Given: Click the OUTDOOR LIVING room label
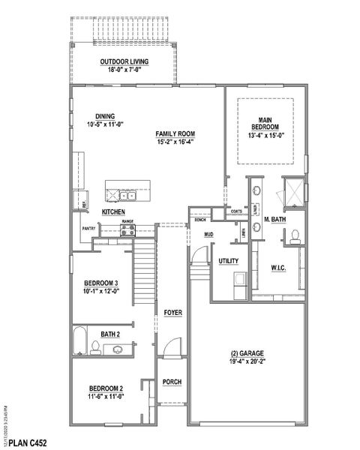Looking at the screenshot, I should click(126, 61).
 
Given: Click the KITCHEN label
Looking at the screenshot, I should click(113, 212).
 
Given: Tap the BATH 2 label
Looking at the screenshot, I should click(109, 334).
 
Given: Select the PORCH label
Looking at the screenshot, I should click(172, 382).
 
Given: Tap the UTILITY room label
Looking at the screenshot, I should click(228, 260).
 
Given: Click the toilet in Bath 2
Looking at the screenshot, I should click(95, 346).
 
